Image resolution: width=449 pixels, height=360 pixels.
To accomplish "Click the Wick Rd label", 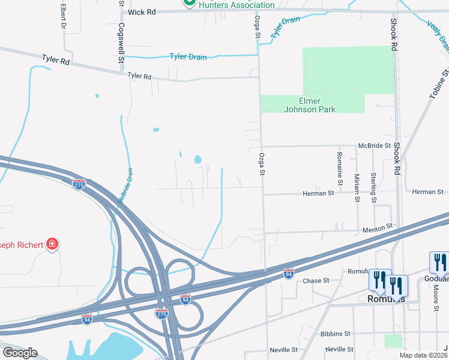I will [142, 11].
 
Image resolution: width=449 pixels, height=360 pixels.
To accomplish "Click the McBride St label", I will [375, 145].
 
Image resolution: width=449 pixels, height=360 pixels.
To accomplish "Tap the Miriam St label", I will [357, 186].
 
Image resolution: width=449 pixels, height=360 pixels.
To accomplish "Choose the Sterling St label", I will [373, 187].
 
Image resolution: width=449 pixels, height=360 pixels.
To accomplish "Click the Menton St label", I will [377, 229].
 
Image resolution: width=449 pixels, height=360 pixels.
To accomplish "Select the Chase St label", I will [316, 281].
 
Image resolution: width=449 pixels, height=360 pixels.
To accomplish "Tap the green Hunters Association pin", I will [188, 3].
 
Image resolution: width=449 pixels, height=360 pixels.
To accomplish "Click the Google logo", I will [20, 353].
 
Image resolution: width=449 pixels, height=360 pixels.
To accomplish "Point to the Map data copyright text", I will [424, 355].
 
